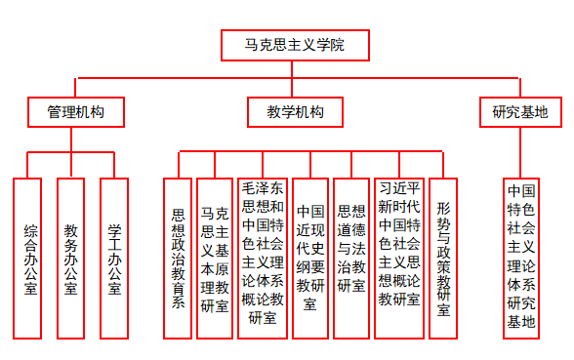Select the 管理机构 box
click(x=75, y=112)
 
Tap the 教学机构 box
click(x=295, y=112)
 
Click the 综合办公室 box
click(x=28, y=260)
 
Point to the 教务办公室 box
click(x=71, y=260)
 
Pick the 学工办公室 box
click(x=114, y=260)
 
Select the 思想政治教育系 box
click(x=178, y=258)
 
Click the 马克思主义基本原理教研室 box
click(x=215, y=258)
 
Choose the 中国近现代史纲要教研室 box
click(x=310, y=258)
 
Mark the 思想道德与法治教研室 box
click(x=350, y=258)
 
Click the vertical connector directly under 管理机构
click(x=75, y=139)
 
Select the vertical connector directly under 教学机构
click(x=295, y=139)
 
